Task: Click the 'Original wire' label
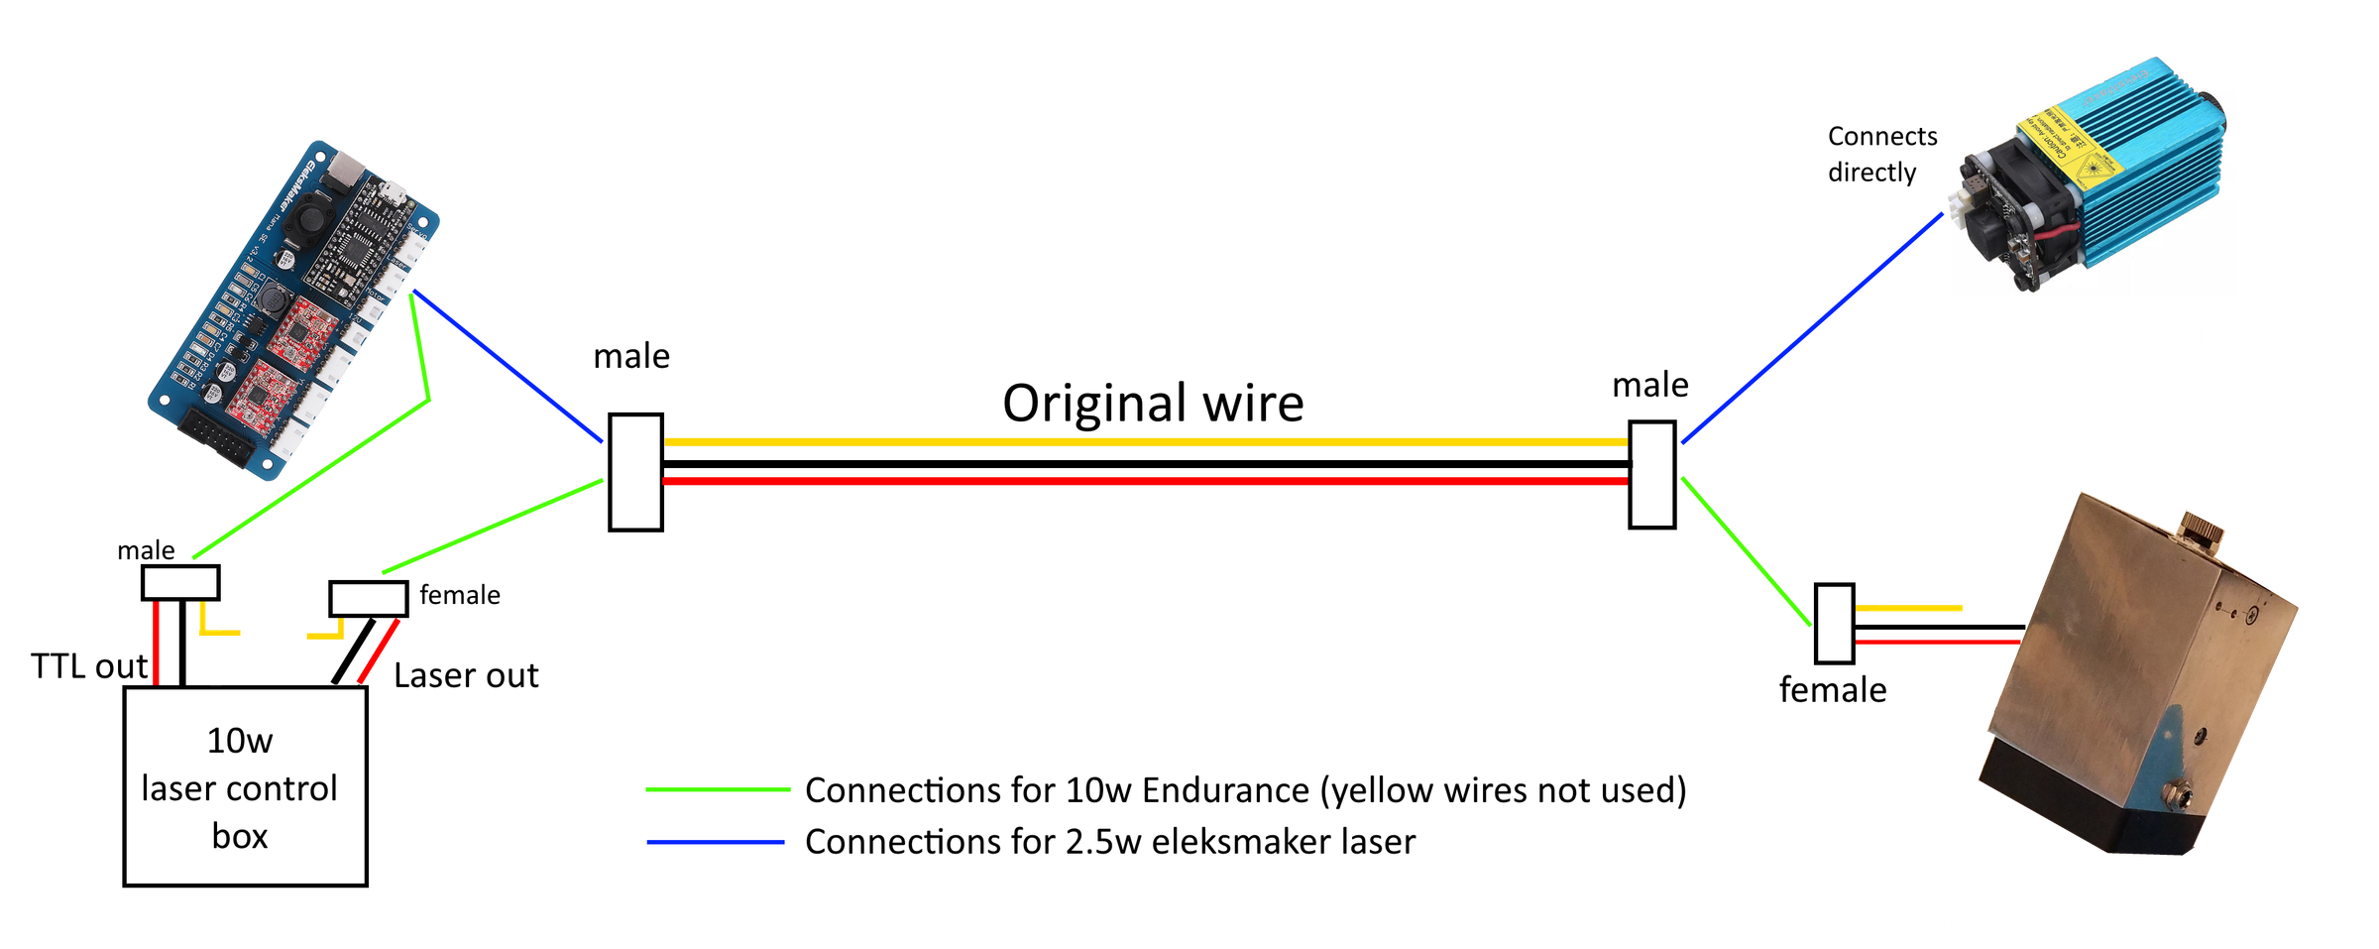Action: (1153, 404)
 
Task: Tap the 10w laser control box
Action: (245, 786)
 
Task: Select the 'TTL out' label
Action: (89, 666)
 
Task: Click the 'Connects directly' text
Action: (1880, 154)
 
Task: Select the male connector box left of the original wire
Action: (635, 472)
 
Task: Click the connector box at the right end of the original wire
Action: (1651, 474)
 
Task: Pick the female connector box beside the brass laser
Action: (1834, 623)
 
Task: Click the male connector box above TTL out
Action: (180, 582)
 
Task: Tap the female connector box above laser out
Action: (368, 598)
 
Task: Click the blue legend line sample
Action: (715, 842)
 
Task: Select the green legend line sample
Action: (717, 789)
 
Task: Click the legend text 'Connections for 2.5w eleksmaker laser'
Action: (1109, 842)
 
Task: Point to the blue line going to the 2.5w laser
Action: (1812, 327)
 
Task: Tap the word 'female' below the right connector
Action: (1832, 690)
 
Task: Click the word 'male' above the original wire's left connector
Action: (631, 356)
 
